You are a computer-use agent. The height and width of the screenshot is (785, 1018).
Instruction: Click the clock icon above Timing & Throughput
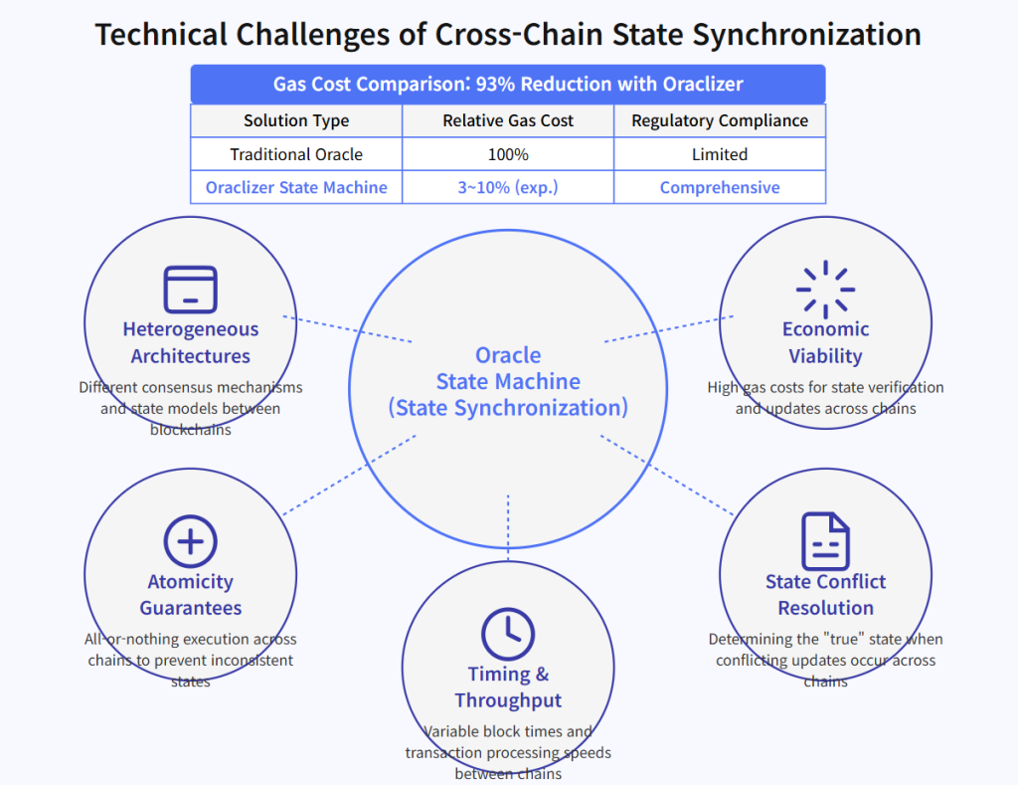tap(508, 634)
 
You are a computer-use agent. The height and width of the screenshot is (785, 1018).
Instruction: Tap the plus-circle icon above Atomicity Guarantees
tap(190, 541)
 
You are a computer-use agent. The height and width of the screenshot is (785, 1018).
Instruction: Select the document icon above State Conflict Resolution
tap(825, 541)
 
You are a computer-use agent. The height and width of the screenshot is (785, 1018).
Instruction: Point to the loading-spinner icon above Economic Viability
tap(825, 290)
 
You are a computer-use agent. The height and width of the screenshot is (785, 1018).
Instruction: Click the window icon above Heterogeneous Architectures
tap(190, 290)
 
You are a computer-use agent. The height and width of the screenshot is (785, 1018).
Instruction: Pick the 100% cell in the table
tap(508, 154)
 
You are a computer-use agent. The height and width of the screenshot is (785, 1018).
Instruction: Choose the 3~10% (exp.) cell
tap(508, 187)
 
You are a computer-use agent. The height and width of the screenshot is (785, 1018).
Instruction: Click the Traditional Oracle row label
tap(296, 154)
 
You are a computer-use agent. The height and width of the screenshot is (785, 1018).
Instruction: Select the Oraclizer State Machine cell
tap(296, 187)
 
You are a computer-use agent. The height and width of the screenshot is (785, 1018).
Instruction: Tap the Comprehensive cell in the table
tap(720, 187)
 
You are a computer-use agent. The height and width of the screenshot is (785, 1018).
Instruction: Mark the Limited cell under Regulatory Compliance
tap(720, 154)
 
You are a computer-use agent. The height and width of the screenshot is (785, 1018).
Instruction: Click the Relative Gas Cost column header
tap(508, 120)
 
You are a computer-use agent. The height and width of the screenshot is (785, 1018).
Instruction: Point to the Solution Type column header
tap(296, 120)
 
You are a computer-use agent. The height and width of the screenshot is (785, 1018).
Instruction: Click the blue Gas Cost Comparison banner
tap(508, 84)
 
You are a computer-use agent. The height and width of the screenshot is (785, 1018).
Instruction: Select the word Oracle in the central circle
tap(508, 355)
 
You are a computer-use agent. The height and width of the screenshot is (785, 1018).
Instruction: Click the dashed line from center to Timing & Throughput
tap(508, 527)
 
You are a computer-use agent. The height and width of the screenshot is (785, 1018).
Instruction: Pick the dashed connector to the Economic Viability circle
tap(669, 328)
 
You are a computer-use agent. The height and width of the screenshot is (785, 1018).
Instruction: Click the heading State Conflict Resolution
tap(825, 594)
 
